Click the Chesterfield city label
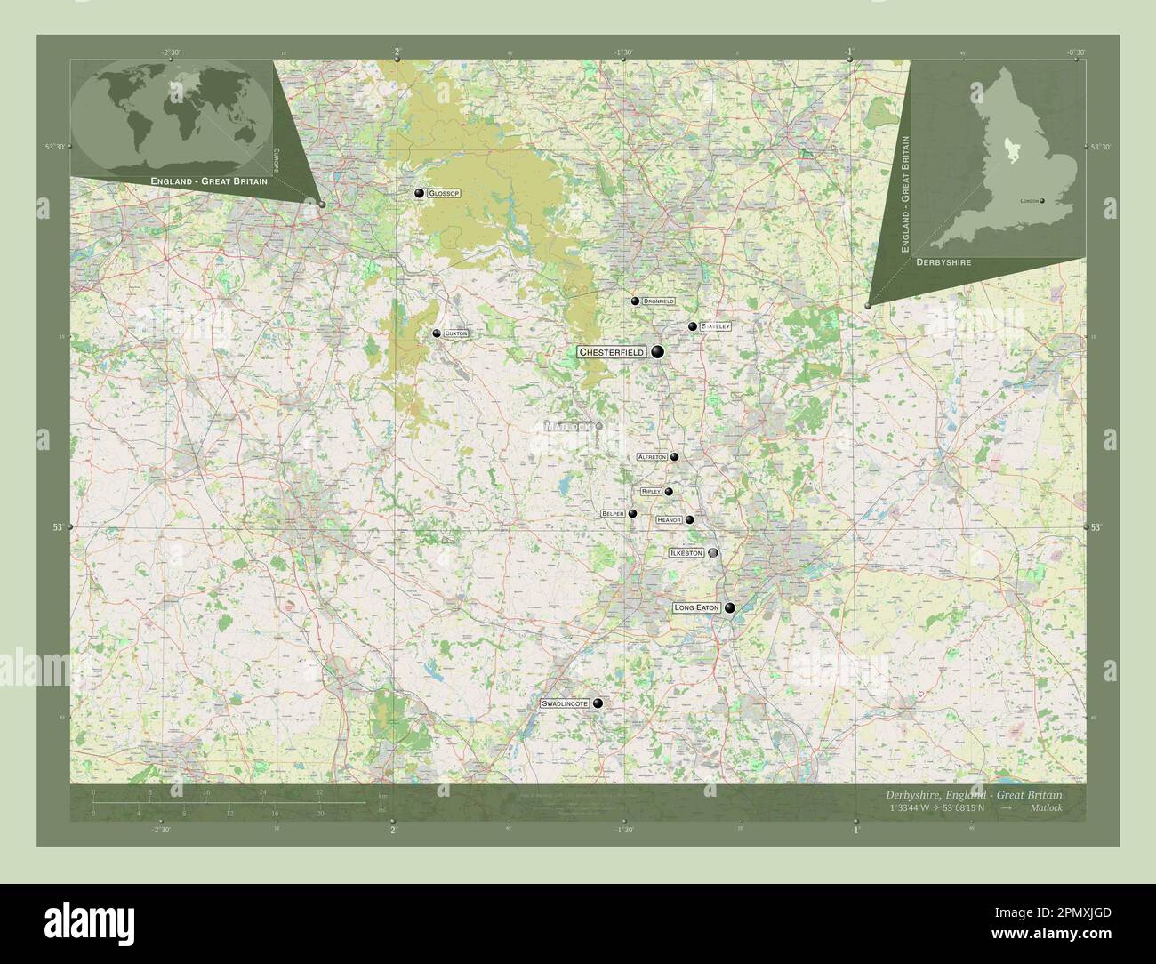pyautogui.click(x=612, y=353)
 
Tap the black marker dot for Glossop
pyautogui.click(x=418, y=193)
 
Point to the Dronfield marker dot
pyautogui.click(x=635, y=301)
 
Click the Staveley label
pyautogui.click(x=715, y=326)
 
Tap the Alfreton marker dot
pyautogui.click(x=675, y=457)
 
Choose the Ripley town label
pyautogui.click(x=651, y=492)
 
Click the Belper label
pyautogui.click(x=613, y=513)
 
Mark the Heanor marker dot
pyautogui.click(x=689, y=520)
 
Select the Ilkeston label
pyautogui.click(x=686, y=553)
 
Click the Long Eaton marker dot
pyautogui.click(x=729, y=608)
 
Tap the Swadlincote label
pyautogui.click(x=565, y=703)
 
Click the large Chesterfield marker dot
pyautogui.click(x=658, y=353)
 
